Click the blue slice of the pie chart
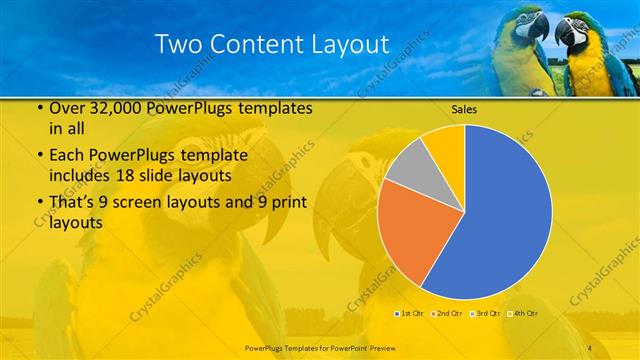tap(500, 210)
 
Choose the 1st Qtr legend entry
tap(410, 314)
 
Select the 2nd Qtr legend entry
tap(446, 314)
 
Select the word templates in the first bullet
tap(275, 108)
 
